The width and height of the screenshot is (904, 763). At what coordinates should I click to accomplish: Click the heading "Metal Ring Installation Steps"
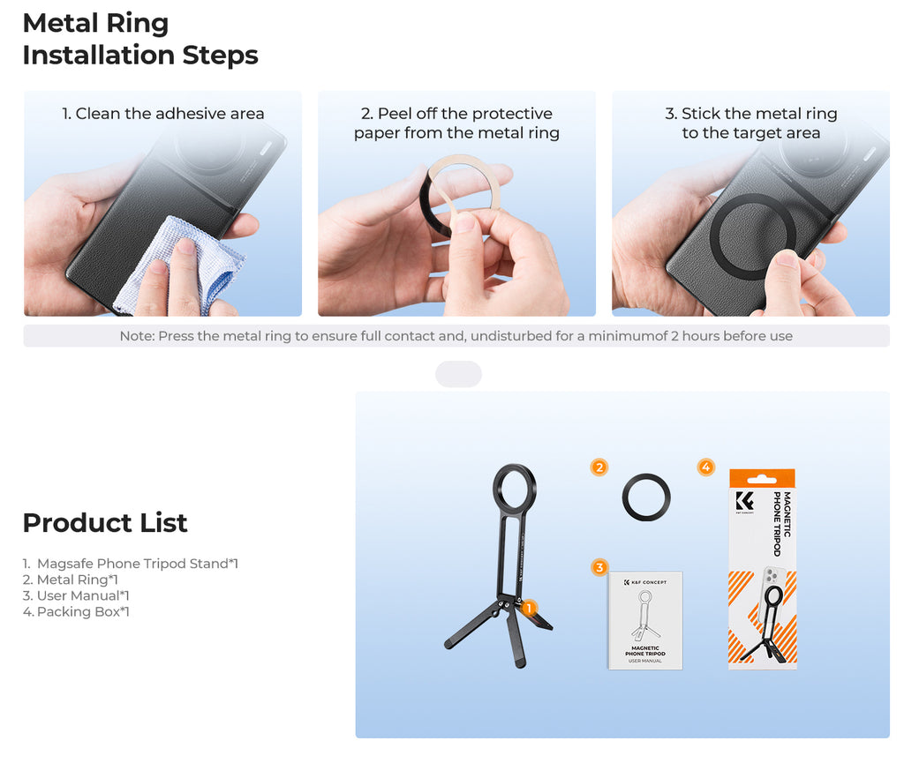coord(140,39)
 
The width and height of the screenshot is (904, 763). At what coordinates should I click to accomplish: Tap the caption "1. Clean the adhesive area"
coord(163,114)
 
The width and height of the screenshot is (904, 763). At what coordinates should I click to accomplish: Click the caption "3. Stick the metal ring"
coord(750,114)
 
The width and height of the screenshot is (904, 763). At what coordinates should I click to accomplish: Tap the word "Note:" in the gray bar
coord(137,336)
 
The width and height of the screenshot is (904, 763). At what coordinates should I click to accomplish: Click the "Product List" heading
coord(105,523)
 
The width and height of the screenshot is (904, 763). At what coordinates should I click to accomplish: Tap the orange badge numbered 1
coord(529,608)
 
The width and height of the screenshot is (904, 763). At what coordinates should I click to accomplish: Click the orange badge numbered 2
coord(599,467)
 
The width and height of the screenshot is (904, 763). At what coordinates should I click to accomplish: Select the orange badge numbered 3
coord(599,568)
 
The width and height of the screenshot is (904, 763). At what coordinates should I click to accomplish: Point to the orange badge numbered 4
coord(706,467)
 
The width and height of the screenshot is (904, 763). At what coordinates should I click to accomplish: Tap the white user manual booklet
coord(645,620)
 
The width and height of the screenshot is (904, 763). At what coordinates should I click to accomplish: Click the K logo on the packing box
coord(744,501)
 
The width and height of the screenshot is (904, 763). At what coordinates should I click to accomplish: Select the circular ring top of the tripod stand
coord(496,490)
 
